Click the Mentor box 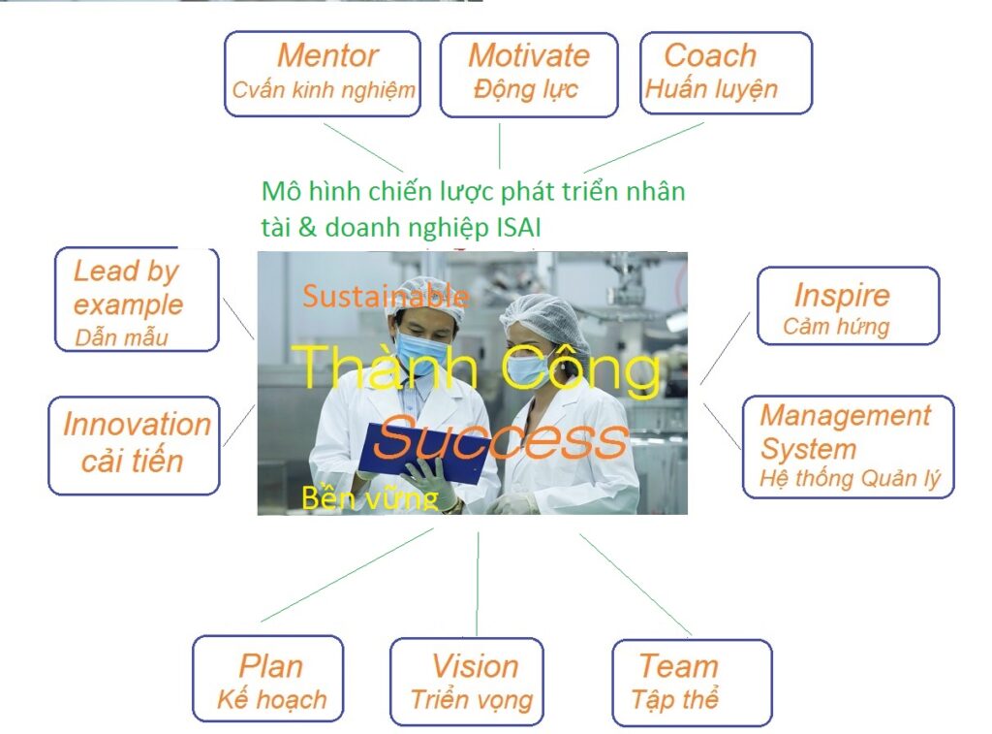pos(323,74)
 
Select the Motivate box pos(528,74)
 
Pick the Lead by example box pos(134,300)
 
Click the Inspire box pos(847,306)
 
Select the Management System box pos(848,446)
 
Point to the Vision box pos(473,681)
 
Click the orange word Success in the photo pos(500,439)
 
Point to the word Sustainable pos(386,297)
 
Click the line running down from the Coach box pos(644,146)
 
